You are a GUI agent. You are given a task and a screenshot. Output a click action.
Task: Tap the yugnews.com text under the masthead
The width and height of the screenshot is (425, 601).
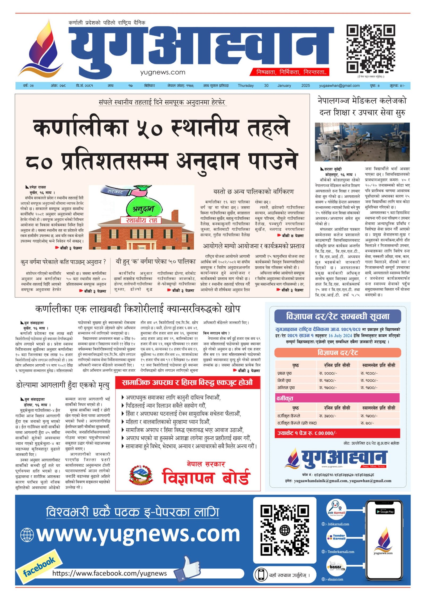(x=163, y=72)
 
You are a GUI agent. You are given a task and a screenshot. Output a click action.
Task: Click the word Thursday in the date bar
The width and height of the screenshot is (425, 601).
(x=245, y=86)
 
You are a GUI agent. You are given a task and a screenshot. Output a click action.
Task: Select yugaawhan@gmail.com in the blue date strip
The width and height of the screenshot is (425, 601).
(x=339, y=86)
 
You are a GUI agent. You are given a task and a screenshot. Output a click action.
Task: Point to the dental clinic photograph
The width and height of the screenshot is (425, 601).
(x=362, y=142)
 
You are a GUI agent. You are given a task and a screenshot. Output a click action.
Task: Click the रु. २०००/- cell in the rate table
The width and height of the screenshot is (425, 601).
(x=327, y=373)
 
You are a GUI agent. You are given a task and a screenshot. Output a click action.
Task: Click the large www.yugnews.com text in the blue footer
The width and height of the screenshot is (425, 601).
(x=138, y=534)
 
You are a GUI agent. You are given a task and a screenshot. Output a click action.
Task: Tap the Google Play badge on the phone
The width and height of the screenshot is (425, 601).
(x=384, y=512)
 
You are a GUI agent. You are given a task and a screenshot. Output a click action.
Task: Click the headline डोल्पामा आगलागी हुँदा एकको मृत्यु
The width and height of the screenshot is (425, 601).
(x=63, y=385)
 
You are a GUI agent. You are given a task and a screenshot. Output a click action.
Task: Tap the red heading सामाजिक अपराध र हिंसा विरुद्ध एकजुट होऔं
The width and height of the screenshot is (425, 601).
(x=187, y=382)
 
